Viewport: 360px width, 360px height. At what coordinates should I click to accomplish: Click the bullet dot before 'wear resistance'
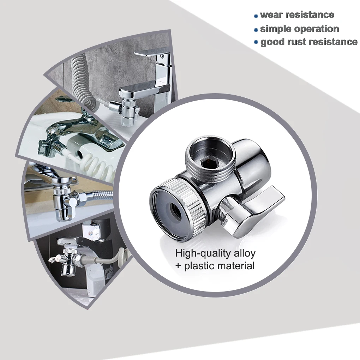[x=256, y=16]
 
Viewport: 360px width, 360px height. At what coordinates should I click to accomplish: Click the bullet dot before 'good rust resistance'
[x=256, y=42]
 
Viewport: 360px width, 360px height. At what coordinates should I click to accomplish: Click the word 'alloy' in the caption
[x=244, y=253]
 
